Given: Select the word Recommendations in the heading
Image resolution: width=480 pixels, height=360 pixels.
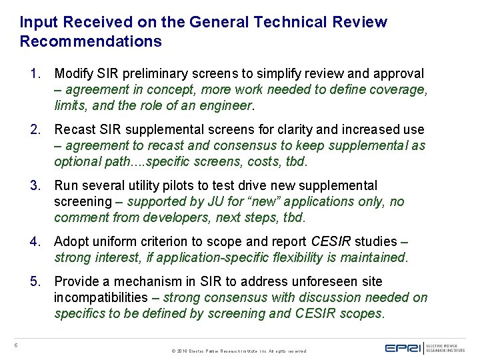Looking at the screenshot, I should [x=91, y=42].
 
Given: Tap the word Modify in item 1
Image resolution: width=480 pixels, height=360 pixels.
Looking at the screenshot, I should [x=73, y=73].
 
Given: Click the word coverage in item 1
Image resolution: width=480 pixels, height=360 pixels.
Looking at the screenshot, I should [x=398, y=89].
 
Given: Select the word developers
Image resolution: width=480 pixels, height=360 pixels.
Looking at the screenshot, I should [x=155, y=217].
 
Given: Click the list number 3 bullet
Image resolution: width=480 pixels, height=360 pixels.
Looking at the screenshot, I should [x=35, y=185].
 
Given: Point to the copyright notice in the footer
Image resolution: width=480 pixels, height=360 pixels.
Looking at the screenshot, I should [x=239, y=351].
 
